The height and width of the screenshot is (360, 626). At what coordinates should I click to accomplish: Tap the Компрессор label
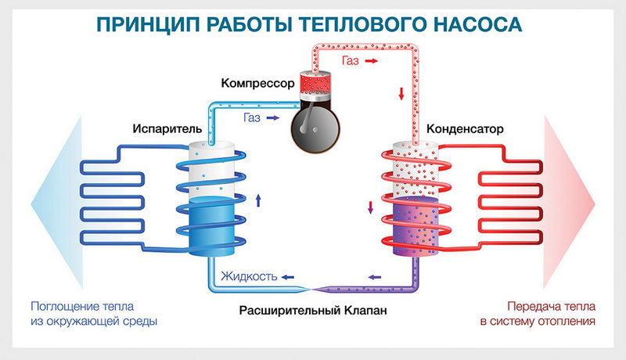[x=257, y=83]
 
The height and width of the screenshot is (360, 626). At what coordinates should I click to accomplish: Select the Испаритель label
[x=162, y=128]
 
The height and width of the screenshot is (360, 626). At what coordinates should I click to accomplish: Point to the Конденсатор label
[x=464, y=128]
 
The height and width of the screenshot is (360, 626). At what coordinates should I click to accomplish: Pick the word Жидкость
[x=249, y=275]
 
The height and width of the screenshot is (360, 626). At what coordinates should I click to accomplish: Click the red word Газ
[x=352, y=59]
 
